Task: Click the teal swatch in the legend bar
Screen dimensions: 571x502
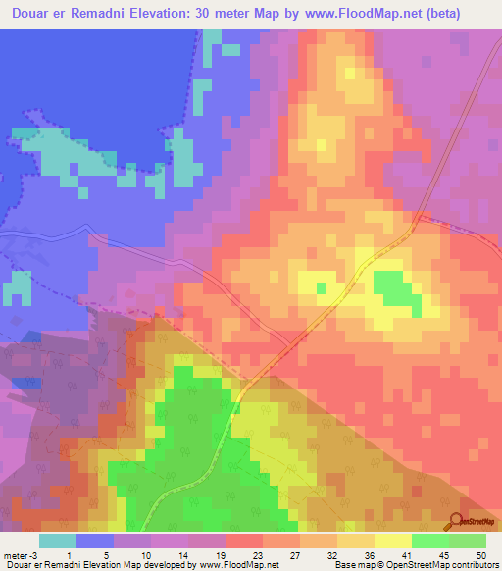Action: [x=58, y=541]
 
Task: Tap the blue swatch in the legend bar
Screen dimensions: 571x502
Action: [x=95, y=541]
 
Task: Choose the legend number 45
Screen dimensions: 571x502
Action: [x=447, y=554]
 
